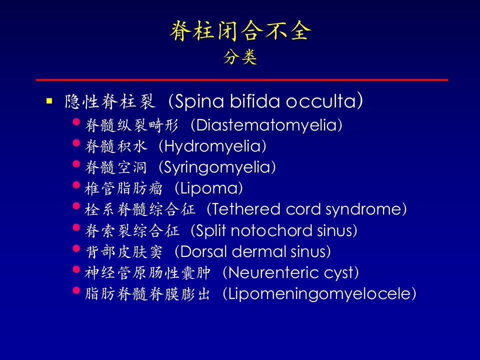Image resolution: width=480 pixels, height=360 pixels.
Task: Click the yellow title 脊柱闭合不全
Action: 240,31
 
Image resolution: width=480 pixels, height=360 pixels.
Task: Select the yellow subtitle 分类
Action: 240,57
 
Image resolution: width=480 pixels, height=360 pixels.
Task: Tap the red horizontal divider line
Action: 242,80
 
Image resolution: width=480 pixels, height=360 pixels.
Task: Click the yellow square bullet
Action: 49,100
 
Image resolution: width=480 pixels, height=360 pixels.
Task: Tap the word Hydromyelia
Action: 213,146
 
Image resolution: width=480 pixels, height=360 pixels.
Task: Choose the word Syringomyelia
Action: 217,167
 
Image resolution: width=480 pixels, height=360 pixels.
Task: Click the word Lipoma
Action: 209,188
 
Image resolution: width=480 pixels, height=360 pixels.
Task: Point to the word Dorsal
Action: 203,251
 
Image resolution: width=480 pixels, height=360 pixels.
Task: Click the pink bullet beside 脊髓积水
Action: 76,143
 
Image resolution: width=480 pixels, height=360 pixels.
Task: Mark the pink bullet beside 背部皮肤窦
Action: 76,248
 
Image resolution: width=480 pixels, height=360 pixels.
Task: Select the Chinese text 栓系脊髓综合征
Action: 140,209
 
